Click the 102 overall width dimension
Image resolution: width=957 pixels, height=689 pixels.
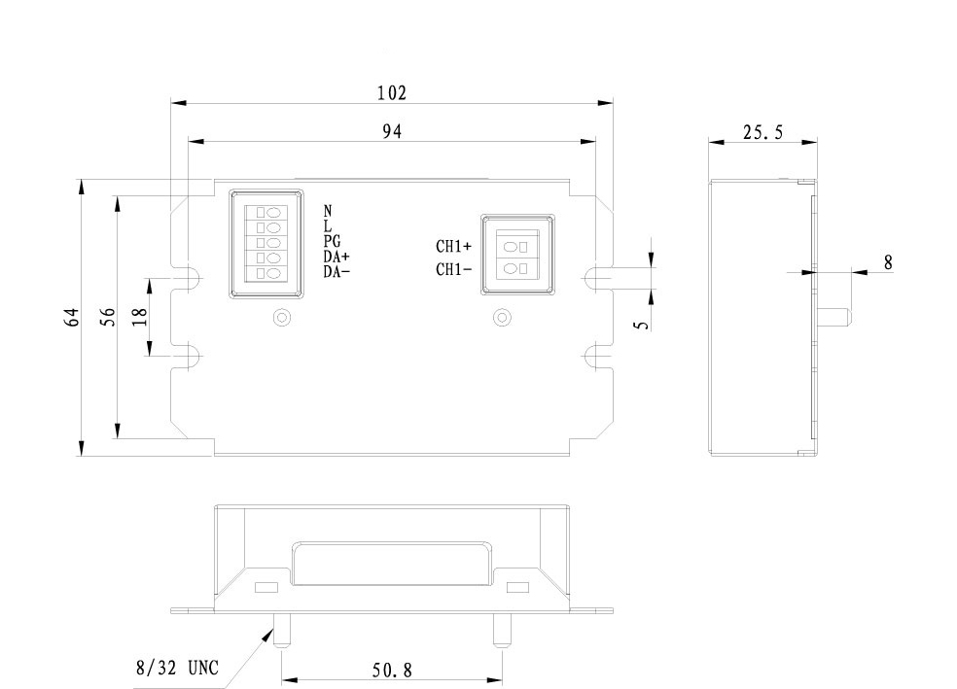pos(392,93)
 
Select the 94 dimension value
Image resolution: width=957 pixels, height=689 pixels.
pos(392,131)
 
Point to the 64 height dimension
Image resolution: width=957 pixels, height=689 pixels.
pos(71,316)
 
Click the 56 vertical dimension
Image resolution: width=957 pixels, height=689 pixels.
pos(109,316)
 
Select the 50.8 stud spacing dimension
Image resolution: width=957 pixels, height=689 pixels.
pos(392,670)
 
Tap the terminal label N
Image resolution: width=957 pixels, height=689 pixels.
pos(328,211)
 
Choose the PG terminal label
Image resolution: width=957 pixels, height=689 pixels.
pos(332,242)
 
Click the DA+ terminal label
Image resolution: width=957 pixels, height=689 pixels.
pos(337,257)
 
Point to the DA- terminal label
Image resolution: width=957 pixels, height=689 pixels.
pos(337,271)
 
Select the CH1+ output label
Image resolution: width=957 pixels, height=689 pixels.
pos(453,246)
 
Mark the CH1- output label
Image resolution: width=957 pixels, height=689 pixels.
pos(453,270)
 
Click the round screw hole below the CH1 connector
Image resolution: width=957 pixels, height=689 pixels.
pos(502,317)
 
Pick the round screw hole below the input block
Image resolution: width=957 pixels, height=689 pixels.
pos(282,317)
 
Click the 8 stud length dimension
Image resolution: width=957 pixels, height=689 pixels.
pos(888,261)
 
